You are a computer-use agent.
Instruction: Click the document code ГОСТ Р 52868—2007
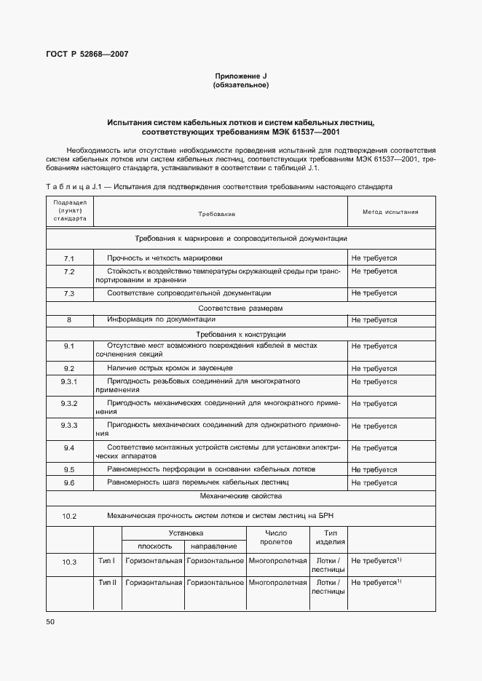pyautogui.click(x=82, y=54)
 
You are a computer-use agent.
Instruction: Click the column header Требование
pyautogui.click(x=216, y=214)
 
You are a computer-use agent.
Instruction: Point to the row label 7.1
pyautogui.click(x=70, y=258)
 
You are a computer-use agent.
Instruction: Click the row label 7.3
pyautogui.click(x=70, y=293)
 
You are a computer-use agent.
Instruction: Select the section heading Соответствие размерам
pyautogui.click(x=240, y=308)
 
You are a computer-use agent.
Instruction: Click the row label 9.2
pyautogui.click(x=70, y=368)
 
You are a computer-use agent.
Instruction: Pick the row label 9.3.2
pyautogui.click(x=70, y=403)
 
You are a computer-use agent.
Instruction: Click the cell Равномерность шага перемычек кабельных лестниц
pyautogui.click(x=198, y=482)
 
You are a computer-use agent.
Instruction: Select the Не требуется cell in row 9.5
pyautogui.click(x=374, y=469)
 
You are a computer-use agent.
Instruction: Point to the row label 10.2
pyautogui.click(x=70, y=516)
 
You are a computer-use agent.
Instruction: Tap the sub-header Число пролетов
pyautogui.click(x=277, y=538)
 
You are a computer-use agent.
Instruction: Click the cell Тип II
pyautogui.click(x=108, y=583)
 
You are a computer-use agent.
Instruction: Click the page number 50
pyautogui.click(x=50, y=622)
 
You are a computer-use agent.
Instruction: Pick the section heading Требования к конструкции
pyautogui.click(x=240, y=333)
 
